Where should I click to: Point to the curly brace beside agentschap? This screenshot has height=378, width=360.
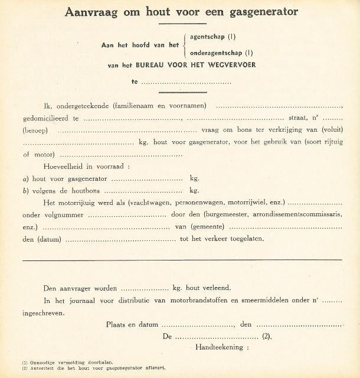pyautogui.click(x=185, y=44)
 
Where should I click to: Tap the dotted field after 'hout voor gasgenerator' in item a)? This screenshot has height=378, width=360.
pyautogui.click(x=147, y=178)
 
